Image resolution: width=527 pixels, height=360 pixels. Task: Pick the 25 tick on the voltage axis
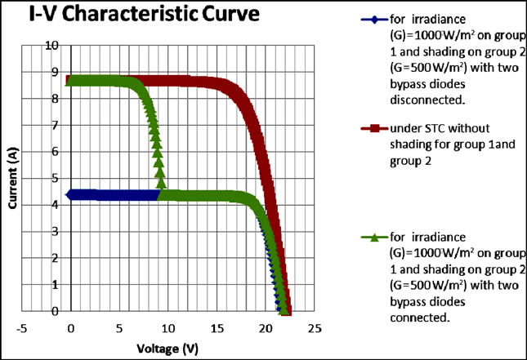pyautogui.click(x=313, y=329)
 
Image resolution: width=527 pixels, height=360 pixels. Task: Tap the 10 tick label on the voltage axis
pyautogui.click(x=167, y=329)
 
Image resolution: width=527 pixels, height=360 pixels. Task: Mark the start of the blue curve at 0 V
pyautogui.click(x=71, y=194)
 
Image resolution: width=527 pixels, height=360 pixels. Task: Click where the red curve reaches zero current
pyautogui.click(x=287, y=310)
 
